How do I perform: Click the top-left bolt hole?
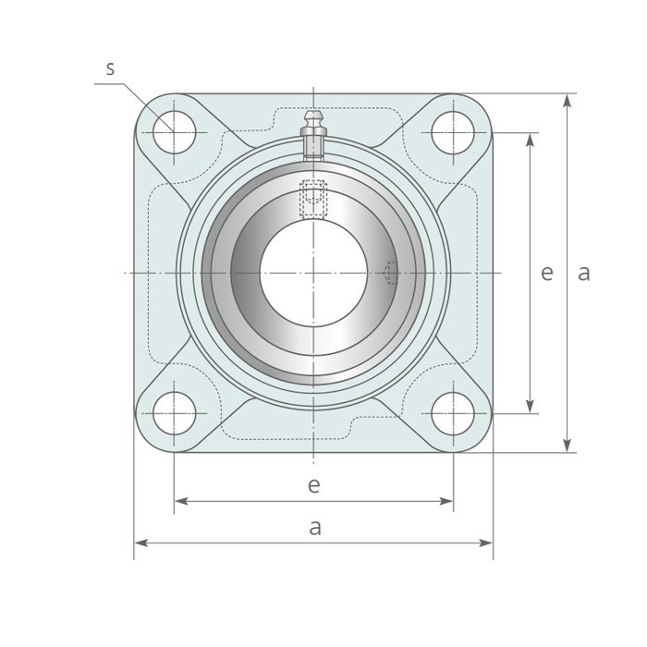174,132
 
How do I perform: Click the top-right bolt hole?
453,132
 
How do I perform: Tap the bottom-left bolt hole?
174,413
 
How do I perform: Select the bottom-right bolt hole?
453,413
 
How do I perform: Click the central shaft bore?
313,273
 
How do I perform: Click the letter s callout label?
110,68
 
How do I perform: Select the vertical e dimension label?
547,273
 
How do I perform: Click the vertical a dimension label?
583,273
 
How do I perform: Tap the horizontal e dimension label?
314,485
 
